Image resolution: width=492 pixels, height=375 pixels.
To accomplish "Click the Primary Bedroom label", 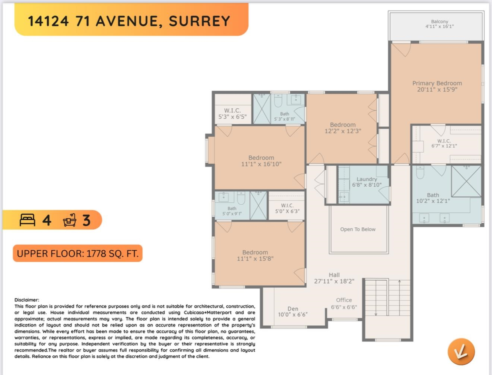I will point(437,83).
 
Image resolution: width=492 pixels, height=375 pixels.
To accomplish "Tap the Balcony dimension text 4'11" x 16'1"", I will point(440,26).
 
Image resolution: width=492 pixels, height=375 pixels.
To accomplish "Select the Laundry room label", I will point(367,179).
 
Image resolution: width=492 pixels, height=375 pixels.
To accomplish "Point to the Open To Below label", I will point(358,229).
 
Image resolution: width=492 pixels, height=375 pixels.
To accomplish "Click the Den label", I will point(293,309).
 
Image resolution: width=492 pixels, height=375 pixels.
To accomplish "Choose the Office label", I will point(344,300).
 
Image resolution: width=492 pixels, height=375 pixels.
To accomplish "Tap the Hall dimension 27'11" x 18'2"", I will point(334,281).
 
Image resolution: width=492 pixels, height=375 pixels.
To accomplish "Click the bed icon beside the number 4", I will point(28,221).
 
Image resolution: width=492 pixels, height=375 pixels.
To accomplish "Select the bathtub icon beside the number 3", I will point(70,221).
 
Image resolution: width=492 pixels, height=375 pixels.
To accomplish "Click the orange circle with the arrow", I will point(461,351).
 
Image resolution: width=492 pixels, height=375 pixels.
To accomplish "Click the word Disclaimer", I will point(27,300).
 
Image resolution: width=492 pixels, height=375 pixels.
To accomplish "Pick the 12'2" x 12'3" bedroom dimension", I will point(343,132).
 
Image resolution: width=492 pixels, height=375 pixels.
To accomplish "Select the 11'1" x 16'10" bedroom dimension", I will point(261,164).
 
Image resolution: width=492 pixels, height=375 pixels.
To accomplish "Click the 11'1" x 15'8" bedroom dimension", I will point(255,259).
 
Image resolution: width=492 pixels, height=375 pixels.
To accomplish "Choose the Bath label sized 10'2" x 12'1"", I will point(433,195).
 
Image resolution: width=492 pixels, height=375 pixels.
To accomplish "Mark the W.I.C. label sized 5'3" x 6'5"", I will point(232,111).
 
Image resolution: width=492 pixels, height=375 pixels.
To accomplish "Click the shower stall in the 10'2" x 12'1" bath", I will point(466,181).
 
